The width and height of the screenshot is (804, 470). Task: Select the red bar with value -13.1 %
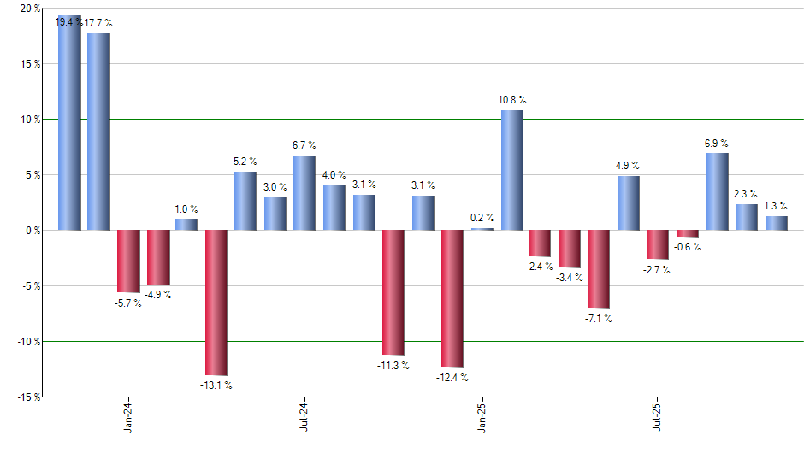[216, 303]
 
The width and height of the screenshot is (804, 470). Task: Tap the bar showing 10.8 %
[511, 170]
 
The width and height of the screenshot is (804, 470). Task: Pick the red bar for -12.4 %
[452, 298]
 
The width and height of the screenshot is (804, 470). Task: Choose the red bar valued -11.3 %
[393, 292]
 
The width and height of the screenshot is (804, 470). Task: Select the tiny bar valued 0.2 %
[482, 229]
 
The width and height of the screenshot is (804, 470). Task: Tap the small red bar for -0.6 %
[688, 233]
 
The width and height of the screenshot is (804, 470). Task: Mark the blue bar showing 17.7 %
[98, 132]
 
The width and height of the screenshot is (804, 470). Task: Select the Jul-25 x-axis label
[657, 420]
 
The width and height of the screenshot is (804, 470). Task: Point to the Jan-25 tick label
[482, 420]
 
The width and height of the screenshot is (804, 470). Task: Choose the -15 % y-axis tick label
[27, 397]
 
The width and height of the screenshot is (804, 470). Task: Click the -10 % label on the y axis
[27, 341]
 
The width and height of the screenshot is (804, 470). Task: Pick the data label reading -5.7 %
[127, 303]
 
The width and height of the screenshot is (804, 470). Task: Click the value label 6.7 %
[304, 145]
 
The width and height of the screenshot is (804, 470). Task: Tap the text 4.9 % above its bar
[627, 166]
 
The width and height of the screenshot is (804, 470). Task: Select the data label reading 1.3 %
[775, 205]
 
